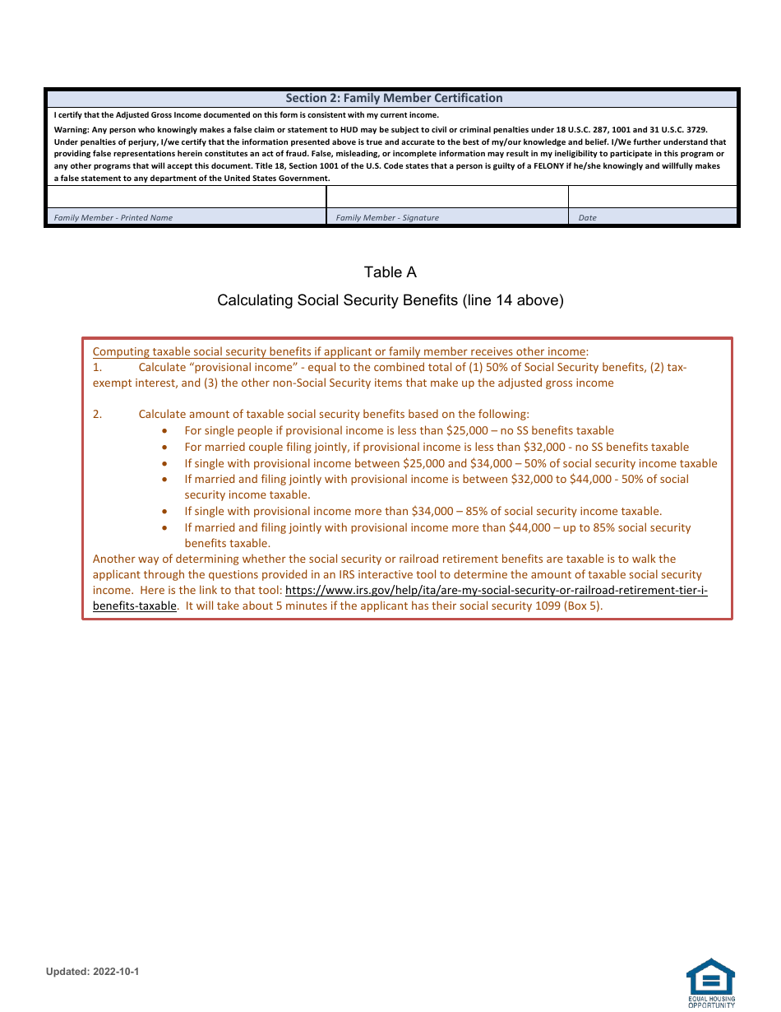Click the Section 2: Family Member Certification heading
tap(394, 98)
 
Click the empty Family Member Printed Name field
tap(186, 197)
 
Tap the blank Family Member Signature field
tap(447, 197)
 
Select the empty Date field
tap(653, 197)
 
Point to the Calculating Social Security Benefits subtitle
tap(390, 300)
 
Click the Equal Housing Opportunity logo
tap(710, 982)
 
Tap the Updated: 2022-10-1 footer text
tap(92, 972)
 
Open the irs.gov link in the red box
tap(496, 591)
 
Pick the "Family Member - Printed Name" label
tap(113, 218)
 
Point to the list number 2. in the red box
tap(98, 415)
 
